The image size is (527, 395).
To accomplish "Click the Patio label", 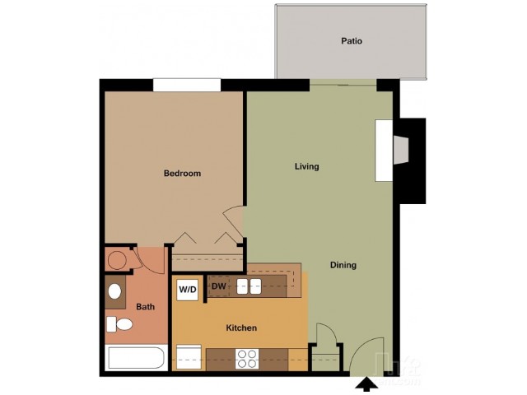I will [352, 40].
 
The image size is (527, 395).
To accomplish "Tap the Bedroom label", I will [182, 174].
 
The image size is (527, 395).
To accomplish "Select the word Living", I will [306, 166].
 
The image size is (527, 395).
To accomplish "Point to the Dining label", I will [343, 265].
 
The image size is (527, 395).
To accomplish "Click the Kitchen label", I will [241, 328].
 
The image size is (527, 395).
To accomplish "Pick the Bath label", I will [145, 307].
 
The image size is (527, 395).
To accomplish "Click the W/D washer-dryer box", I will [188, 290].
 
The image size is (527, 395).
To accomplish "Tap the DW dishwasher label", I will [218, 286].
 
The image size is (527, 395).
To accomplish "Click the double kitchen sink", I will [249, 286].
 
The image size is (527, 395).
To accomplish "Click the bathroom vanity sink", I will [114, 291].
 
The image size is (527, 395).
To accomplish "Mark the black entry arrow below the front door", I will [363, 383].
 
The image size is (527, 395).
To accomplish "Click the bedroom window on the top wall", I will [187, 85].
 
